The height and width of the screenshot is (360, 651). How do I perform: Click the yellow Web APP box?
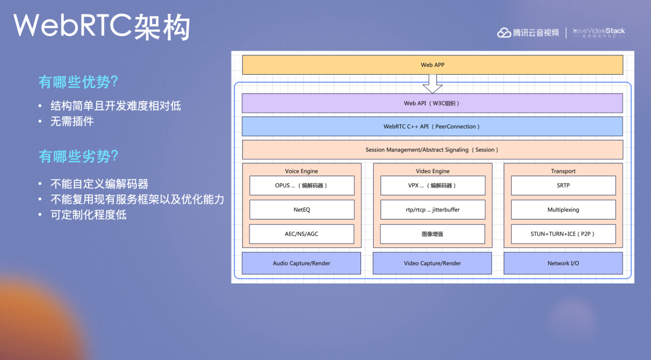(432, 65)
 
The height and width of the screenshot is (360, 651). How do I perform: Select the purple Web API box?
(432, 103)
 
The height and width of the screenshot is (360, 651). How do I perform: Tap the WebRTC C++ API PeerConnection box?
(432, 127)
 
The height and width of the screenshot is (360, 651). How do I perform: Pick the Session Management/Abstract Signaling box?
(432, 150)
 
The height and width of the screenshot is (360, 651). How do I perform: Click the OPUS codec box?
(301, 186)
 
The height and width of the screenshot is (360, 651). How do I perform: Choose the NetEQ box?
(301, 210)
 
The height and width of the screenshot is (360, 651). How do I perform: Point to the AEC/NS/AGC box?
(301, 234)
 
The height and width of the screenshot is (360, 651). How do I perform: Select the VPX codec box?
(432, 186)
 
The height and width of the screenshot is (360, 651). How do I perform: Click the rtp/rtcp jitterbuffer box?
(432, 210)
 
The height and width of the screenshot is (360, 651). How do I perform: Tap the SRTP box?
(563, 186)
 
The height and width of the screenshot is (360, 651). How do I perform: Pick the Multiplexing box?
(563, 210)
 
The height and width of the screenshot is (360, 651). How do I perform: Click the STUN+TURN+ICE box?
(563, 234)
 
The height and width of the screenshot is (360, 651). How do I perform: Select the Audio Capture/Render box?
(301, 264)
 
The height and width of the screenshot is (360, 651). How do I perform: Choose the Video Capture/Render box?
(432, 264)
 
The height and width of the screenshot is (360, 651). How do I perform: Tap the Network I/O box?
(563, 264)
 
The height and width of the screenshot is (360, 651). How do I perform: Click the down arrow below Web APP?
(432, 83)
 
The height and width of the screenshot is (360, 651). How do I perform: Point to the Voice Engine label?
(301, 171)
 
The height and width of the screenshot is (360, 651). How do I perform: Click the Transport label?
(563, 171)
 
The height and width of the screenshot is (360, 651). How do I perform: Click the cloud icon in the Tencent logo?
(504, 33)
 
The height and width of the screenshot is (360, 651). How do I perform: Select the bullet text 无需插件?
(72, 121)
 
